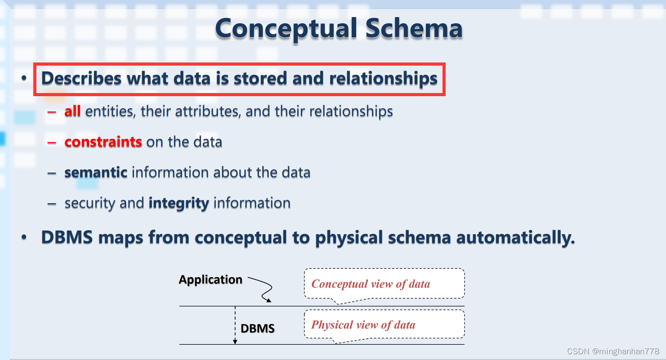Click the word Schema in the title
[x=414, y=28]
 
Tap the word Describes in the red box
[x=81, y=78]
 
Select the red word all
[x=72, y=111]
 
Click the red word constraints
[x=103, y=142]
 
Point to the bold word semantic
[x=96, y=172]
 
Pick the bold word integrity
[x=179, y=203]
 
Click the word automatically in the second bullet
[x=515, y=238]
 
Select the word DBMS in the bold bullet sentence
[x=67, y=237]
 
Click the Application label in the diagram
[x=210, y=280]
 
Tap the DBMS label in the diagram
[x=258, y=329]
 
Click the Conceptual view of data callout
[x=384, y=284]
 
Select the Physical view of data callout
[x=384, y=324]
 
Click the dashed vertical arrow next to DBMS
[x=235, y=325]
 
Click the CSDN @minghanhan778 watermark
[x=613, y=351]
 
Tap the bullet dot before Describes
[x=24, y=78]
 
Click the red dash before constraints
[x=52, y=142]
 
